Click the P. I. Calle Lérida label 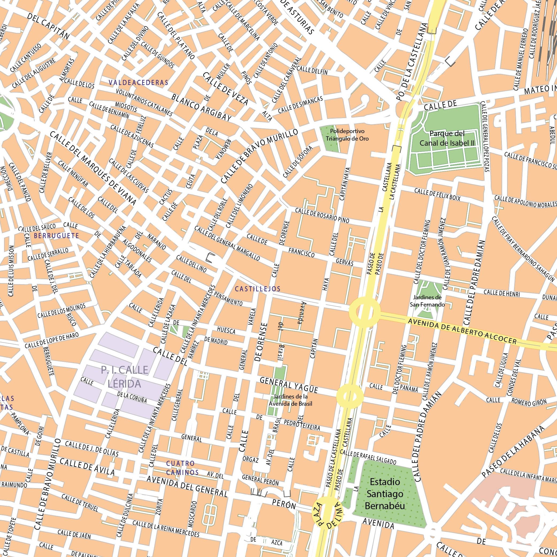(125, 377)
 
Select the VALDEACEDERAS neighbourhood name (138, 83)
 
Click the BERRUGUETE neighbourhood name (56, 236)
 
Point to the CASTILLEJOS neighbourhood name (257, 289)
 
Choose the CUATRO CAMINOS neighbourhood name (182, 468)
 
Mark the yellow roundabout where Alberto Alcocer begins (364, 311)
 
